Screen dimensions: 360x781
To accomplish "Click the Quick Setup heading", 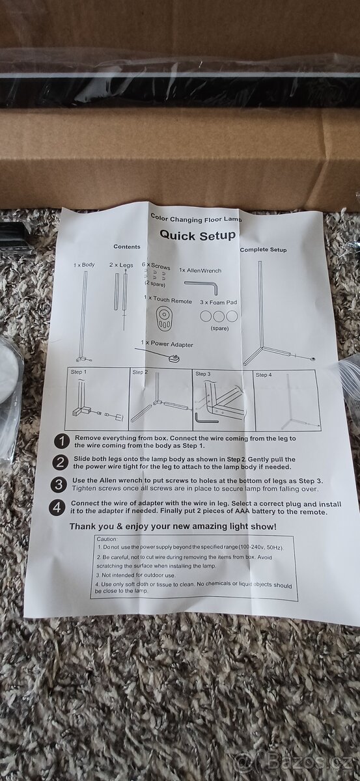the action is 197,235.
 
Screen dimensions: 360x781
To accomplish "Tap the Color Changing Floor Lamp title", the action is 196,218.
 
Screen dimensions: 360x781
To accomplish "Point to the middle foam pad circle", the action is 219,316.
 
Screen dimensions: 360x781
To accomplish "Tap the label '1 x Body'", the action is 84,265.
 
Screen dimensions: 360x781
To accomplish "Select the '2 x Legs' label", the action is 121,265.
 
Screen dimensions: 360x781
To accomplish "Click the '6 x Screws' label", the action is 156,266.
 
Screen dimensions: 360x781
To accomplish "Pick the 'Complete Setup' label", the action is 263,250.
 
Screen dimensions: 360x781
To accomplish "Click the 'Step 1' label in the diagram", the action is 79,372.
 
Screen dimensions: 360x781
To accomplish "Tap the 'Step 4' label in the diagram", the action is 264,375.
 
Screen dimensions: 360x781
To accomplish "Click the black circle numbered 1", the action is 62,442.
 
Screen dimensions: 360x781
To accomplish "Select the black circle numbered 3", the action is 58,485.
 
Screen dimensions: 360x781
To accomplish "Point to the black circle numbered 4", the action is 57,508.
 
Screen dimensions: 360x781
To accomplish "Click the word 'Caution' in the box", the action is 107,539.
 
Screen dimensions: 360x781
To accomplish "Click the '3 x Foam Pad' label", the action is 218,302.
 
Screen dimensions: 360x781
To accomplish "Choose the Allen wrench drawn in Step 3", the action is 206,418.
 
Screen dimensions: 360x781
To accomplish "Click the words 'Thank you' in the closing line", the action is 87,527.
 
